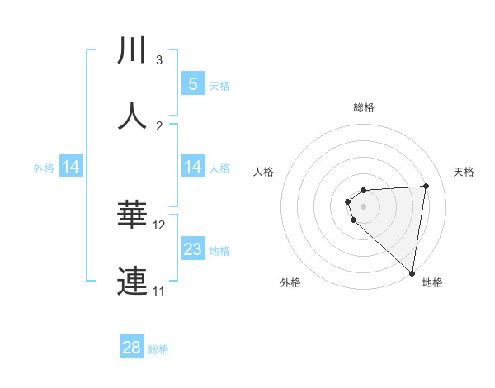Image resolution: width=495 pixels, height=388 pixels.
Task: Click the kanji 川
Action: point(133,50)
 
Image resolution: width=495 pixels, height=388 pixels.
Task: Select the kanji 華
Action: point(133,215)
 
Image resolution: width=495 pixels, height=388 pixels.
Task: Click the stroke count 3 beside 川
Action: point(159,59)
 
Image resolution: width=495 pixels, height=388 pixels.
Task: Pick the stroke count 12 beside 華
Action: point(159,225)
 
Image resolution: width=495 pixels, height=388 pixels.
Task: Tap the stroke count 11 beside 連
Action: point(159,291)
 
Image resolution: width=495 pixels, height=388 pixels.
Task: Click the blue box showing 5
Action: point(192,83)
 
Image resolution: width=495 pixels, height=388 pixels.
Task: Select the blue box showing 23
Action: point(192,249)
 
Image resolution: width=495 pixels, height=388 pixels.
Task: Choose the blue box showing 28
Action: point(132,348)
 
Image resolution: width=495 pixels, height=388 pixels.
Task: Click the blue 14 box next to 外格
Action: point(71,168)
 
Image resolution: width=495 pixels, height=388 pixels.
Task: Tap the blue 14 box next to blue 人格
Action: point(192,168)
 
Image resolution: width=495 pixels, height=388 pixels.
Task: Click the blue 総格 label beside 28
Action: point(158,349)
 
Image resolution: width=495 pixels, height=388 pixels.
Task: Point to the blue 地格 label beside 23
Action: point(219,251)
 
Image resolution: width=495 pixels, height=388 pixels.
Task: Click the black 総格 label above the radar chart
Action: point(364,107)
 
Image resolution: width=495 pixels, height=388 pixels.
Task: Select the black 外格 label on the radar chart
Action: point(290,282)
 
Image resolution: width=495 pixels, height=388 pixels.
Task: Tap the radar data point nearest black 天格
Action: point(426,186)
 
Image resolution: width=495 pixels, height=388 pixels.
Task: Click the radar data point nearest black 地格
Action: point(412,272)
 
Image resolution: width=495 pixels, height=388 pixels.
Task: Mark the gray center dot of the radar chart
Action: point(363,206)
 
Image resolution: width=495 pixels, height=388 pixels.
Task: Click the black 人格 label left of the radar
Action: point(264,172)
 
